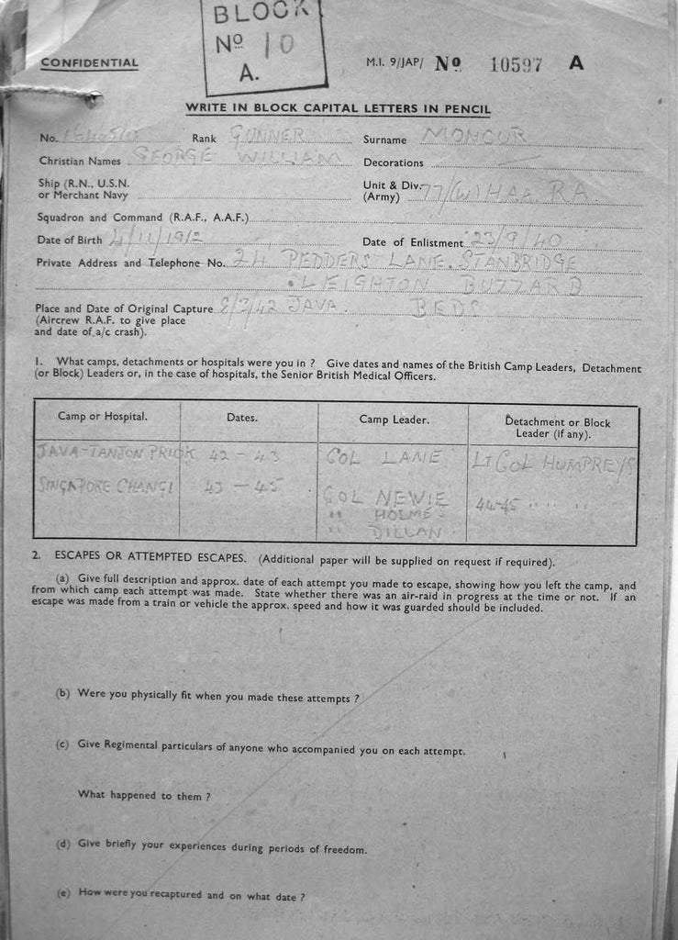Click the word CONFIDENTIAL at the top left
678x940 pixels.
[89, 63]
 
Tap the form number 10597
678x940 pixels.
[517, 64]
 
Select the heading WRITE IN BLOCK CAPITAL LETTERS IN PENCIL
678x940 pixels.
[338, 109]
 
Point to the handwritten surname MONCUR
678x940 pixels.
[473, 136]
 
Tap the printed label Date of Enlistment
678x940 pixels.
[413, 242]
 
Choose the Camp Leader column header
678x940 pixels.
[394, 419]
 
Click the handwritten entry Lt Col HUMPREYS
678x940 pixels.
[553, 462]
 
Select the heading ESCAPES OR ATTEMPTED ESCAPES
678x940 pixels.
[154, 558]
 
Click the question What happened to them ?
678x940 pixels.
[144, 795]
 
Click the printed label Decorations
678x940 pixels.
[394, 162]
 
